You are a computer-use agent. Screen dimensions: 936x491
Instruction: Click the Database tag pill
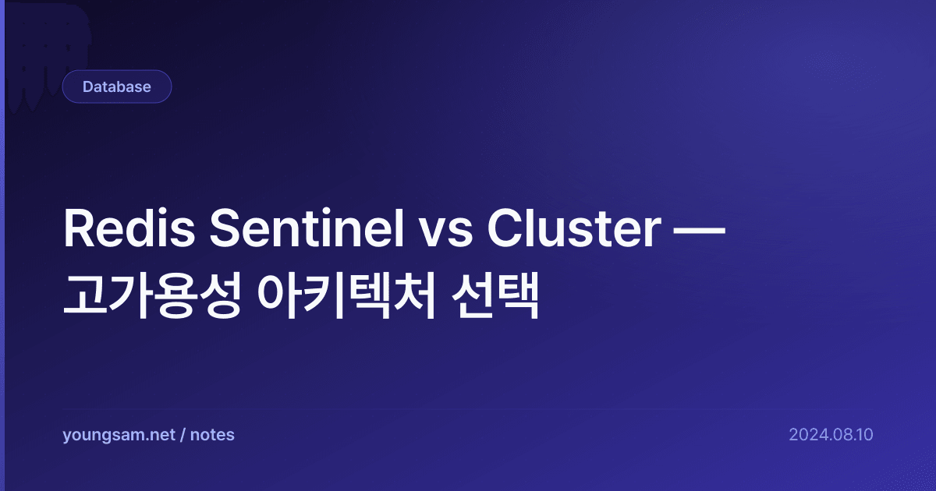point(117,87)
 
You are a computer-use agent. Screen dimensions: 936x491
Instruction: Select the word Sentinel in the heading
point(307,228)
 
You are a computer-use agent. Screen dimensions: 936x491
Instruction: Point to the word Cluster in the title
point(574,228)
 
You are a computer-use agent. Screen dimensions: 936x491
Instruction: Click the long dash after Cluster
point(700,230)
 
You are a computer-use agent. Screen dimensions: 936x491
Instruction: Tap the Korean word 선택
point(495,295)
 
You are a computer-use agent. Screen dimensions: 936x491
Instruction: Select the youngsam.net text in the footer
point(119,435)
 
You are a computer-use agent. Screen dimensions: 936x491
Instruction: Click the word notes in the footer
point(212,435)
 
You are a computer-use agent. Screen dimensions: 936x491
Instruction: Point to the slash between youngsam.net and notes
point(183,435)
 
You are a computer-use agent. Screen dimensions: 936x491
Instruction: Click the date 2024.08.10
point(831,435)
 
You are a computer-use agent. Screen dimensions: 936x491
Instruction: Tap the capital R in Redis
point(78,228)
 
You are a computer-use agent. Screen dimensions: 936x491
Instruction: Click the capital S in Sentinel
point(225,228)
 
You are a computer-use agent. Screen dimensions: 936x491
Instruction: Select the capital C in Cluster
point(505,228)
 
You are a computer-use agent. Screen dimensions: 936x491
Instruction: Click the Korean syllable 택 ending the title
point(517,295)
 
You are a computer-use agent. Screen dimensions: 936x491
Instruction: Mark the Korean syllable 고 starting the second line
point(85,295)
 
